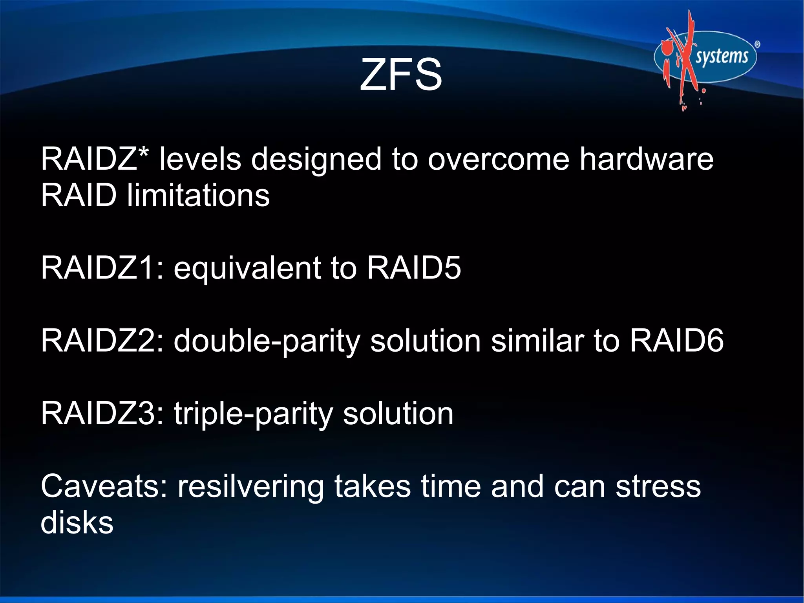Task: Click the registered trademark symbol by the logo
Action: (757, 45)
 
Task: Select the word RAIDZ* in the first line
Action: (95, 159)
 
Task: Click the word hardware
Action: (646, 159)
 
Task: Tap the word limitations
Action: (198, 195)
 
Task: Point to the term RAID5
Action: (414, 268)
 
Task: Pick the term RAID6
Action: (676, 341)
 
